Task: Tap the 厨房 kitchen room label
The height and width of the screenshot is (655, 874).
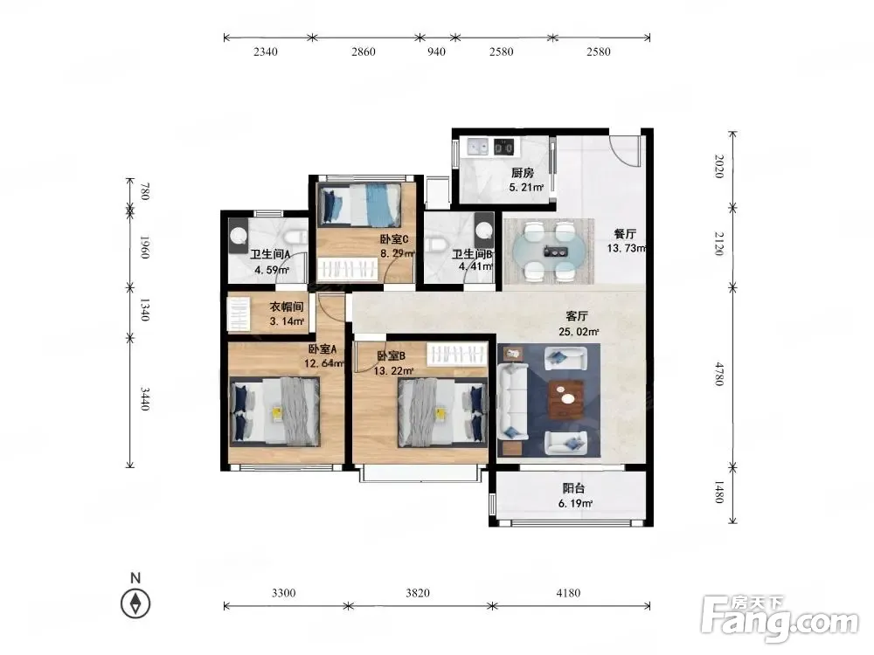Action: pos(523,173)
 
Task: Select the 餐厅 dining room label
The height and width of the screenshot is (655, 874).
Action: pos(625,234)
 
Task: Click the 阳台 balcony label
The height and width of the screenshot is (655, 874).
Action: pos(573,488)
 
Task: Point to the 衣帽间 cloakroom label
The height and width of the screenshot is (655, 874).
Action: pos(287,307)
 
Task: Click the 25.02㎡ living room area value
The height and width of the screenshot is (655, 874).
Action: pos(579,332)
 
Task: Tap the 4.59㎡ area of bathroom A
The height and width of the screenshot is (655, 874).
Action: pos(272,271)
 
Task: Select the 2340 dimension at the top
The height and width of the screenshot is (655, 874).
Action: pos(266,52)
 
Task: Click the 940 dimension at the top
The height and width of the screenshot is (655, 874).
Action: pos(436,52)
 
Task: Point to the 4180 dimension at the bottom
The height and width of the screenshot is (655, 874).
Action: pos(568,593)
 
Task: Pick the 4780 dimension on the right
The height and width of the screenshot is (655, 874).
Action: pos(719,374)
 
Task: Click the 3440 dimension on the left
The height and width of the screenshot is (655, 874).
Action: pos(144,399)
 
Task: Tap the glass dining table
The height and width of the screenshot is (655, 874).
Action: pos(549,251)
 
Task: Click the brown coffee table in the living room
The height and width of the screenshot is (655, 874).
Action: pos(566,399)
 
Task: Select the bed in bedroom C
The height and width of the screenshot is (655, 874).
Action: pos(359,205)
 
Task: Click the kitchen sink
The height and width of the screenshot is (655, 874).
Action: pos(478,147)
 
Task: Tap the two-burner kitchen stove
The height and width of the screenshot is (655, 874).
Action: pos(504,147)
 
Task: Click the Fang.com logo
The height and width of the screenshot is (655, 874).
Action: pos(780,617)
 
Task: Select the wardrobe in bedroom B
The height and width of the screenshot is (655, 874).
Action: pos(456,355)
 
